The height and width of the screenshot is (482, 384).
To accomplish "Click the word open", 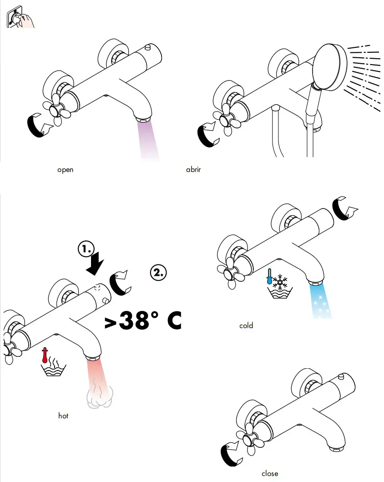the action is coord(65,170).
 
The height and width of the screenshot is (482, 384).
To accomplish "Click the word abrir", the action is coord(193,169).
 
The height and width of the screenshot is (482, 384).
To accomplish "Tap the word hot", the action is coord(63,416).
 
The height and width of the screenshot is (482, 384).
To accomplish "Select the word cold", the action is coord(246,325).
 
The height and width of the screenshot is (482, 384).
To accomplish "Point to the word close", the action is coord(270,473).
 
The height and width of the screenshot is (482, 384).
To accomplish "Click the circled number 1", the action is coord(86,249).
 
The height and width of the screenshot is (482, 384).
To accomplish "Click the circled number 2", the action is coord(158,272).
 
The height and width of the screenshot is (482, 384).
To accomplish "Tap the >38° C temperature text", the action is coord(143,320).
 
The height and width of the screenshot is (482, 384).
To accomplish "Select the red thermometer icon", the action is coord(45,355).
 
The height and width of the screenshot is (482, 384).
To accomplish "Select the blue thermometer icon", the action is coord(269,276).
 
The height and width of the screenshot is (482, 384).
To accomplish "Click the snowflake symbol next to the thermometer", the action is coord(280,282).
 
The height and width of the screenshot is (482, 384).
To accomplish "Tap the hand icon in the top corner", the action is coord(20,17).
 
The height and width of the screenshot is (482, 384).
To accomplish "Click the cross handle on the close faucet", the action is coord(250,441).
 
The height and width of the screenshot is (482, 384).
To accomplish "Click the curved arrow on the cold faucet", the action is coord(344,208).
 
